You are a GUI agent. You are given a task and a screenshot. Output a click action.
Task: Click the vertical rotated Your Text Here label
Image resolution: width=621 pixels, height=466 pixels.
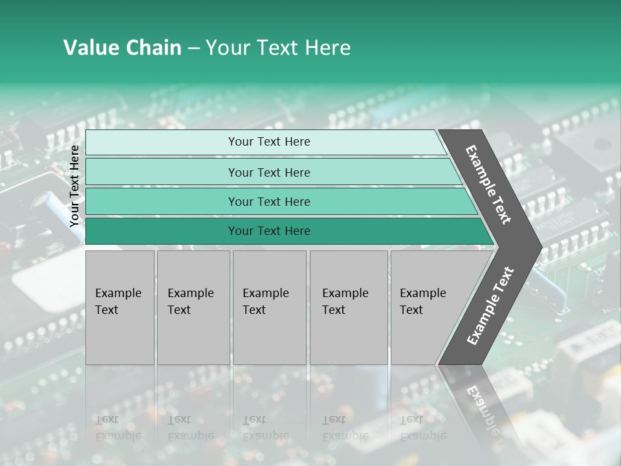click(74, 186)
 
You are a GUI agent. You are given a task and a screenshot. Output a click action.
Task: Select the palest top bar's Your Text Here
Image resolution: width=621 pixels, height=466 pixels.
click(269, 142)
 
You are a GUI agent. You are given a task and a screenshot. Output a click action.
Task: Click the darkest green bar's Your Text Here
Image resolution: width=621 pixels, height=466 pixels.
click(269, 231)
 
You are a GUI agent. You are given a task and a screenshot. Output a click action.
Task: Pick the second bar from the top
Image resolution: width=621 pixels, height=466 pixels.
click(269, 172)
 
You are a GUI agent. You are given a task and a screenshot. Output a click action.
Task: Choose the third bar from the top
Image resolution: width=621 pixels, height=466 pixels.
click(269, 202)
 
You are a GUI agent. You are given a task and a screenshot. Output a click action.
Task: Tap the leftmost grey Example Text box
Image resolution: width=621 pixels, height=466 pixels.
click(120, 307)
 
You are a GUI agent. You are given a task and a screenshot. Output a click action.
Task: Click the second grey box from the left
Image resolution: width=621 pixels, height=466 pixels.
click(193, 307)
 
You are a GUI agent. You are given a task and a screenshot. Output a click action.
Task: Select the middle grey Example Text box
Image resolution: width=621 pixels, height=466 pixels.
click(269, 307)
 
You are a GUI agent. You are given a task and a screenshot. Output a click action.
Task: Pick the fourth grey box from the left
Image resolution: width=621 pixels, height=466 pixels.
click(349, 307)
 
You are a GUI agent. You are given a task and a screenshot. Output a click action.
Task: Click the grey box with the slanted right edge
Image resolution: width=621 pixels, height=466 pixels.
click(427, 307)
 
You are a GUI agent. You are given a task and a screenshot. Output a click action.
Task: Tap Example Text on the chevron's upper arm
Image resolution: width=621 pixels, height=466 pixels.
click(488, 184)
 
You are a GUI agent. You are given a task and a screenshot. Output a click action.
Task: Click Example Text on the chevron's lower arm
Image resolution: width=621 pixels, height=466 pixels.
click(490, 305)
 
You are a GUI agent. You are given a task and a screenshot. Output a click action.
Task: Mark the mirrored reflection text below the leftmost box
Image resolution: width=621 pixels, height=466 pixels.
click(118, 428)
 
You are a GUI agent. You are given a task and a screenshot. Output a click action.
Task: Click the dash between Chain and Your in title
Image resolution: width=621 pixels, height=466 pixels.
click(193, 49)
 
